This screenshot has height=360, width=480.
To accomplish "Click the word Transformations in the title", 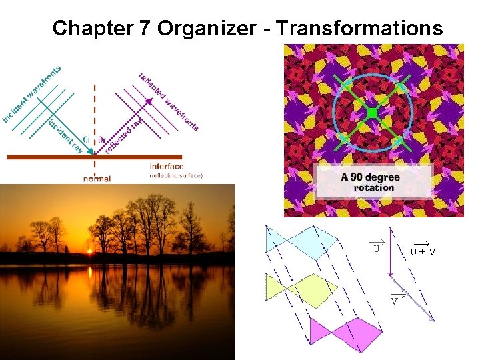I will tap(359, 28).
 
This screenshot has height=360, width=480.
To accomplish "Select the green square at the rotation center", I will tap(373, 113).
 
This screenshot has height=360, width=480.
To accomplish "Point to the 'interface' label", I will tap(167, 167).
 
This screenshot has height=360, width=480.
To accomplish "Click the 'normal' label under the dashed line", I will tap(97, 178).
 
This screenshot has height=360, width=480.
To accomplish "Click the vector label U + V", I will tap(423, 251).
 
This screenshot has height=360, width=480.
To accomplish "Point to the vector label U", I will tap(377, 249).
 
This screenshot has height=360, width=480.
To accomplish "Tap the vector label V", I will tap(395, 300).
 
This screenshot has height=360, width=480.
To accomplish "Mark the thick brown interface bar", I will tap(93, 157).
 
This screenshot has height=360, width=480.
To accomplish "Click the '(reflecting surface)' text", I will tap(176, 176).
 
